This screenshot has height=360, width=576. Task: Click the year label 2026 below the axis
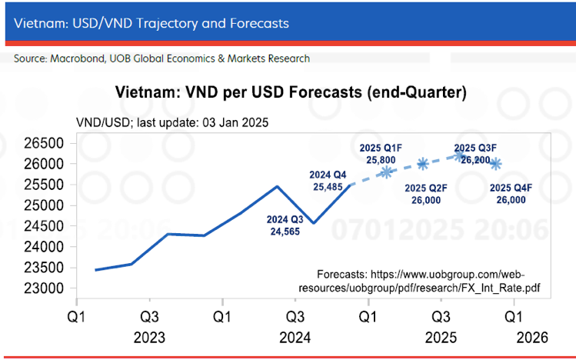tap(531, 338)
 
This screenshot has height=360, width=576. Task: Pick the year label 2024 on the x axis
tap(295, 338)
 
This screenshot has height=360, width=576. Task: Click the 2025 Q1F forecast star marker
tap(387, 172)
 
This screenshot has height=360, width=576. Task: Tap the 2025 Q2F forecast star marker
tap(423, 163)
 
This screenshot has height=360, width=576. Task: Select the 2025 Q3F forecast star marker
tap(460, 155)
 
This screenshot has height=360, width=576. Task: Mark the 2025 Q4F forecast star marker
tap(496, 163)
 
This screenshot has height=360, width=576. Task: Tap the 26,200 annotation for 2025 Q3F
tap(474, 159)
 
